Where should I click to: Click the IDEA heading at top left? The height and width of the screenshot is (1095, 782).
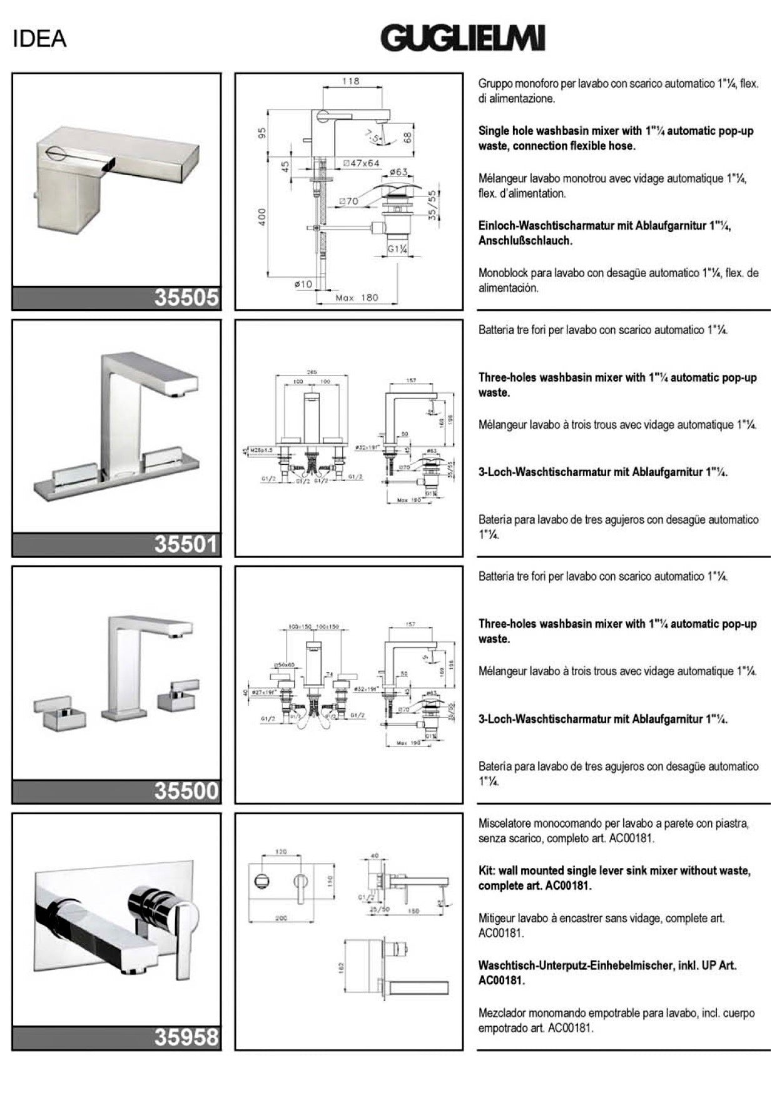click(39, 39)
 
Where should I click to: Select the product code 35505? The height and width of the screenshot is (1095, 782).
click(186, 298)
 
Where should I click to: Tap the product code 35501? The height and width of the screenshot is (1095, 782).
click(186, 544)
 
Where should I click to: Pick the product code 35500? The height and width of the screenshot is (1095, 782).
click(186, 791)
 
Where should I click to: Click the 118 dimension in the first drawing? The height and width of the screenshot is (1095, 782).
click(351, 81)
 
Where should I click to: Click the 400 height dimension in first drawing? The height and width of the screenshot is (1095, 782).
click(263, 216)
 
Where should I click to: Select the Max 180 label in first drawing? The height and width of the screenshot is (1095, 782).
click(357, 298)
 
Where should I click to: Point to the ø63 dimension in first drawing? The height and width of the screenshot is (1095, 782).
click(399, 171)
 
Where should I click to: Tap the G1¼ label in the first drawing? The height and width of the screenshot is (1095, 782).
click(398, 249)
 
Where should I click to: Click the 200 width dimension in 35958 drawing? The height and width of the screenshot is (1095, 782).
click(281, 919)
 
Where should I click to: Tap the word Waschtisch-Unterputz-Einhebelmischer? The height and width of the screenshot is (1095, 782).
click(576, 965)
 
